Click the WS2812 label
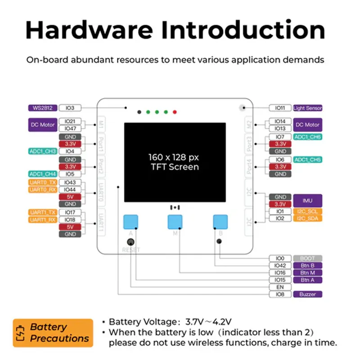42,108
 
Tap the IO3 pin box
70,108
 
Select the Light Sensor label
307,108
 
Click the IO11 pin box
280,108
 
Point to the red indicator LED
175,112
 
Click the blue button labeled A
130,222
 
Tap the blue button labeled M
175,222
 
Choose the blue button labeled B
220,222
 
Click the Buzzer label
307,294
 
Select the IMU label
307,200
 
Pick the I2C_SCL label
307,211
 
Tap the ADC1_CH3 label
42,151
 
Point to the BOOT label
307,258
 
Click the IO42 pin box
280,265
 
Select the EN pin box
280,287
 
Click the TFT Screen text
175,167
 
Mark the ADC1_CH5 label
307,159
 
